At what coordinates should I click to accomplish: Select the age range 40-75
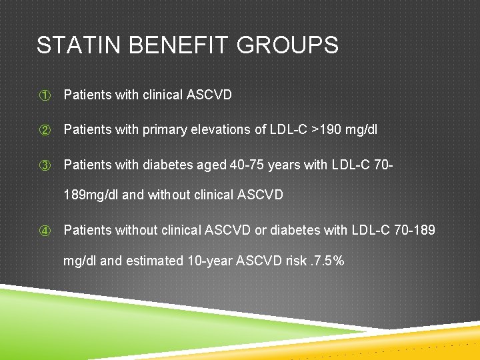tap(247, 165)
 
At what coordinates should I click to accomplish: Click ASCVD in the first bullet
tap(209, 95)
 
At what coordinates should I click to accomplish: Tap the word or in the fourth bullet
tap(261, 231)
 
